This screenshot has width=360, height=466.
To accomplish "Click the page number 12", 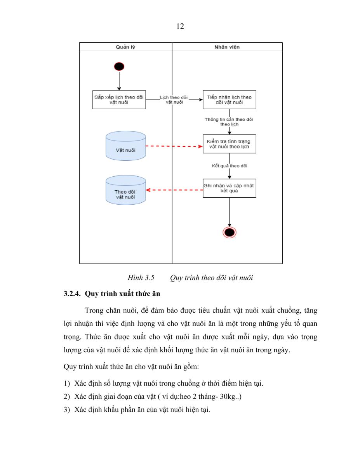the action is [x=180, y=26].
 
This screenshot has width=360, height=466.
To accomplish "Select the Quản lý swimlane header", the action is [x=126, y=47].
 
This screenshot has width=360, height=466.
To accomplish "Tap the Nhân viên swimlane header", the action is [x=227, y=47].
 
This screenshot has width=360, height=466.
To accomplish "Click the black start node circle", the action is [x=119, y=66].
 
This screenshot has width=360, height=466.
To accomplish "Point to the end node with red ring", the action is [x=230, y=233].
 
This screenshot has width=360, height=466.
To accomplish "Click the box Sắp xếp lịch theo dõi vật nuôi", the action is [x=119, y=99].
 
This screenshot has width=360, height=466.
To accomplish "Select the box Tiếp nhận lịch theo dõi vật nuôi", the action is [x=230, y=99].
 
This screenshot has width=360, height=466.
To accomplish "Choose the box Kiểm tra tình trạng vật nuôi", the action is [x=230, y=144].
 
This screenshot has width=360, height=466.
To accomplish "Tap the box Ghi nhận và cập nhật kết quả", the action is [x=230, y=188].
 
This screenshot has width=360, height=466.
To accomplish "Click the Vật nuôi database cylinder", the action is [x=126, y=146].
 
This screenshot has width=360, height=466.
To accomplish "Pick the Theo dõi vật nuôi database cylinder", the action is [x=126, y=190].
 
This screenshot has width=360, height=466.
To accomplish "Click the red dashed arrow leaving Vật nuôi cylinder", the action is [x=174, y=146].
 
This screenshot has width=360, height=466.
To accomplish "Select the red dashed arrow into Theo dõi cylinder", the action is [x=174, y=190].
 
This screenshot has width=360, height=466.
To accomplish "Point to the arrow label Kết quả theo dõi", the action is [x=230, y=166].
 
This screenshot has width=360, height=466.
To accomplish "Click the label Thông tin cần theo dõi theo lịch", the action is [x=229, y=122].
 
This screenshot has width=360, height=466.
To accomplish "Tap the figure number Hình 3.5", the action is [x=141, y=278].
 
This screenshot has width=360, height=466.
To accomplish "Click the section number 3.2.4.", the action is [x=72, y=294].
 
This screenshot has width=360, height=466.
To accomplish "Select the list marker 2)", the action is [x=67, y=396].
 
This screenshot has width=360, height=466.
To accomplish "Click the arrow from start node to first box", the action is [x=119, y=81].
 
